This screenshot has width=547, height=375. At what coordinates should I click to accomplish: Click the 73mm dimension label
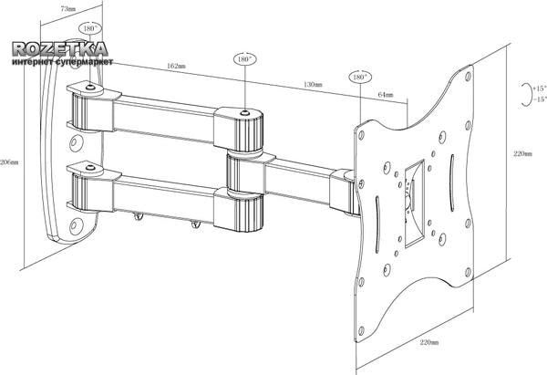(67, 8)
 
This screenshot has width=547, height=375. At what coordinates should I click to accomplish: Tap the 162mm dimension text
(177, 66)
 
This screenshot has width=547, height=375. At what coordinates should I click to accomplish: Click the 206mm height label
(9, 161)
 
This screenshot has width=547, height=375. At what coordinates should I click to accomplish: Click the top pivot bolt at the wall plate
(92, 89)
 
